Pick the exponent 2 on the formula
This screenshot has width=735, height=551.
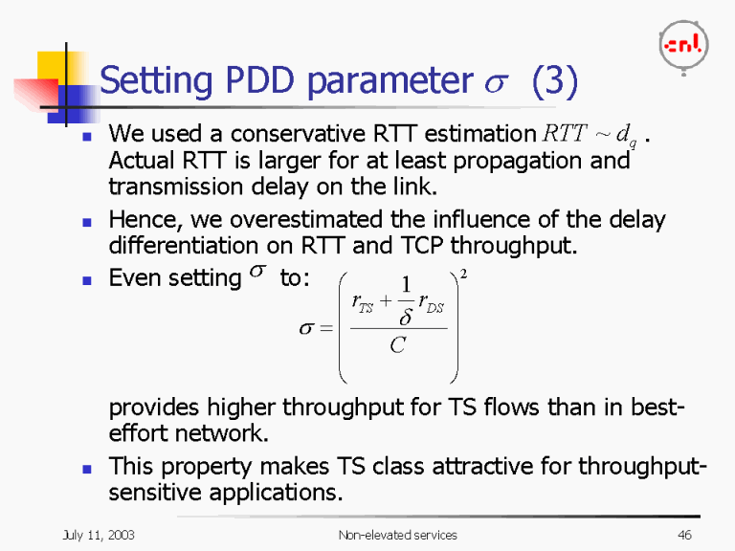pos(464,275)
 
